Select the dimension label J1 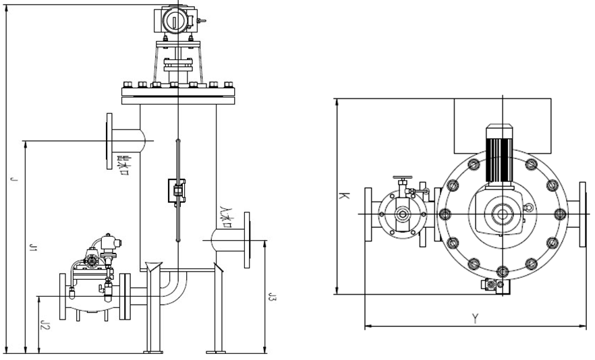(x=33, y=247)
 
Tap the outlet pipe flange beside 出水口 (x=110, y=141)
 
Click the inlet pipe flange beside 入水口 (x=247, y=240)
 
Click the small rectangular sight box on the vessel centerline (x=178, y=191)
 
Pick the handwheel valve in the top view (x=403, y=185)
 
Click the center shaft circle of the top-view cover (x=501, y=214)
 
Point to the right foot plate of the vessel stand (x=217, y=351)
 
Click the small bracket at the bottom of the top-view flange (x=496, y=285)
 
